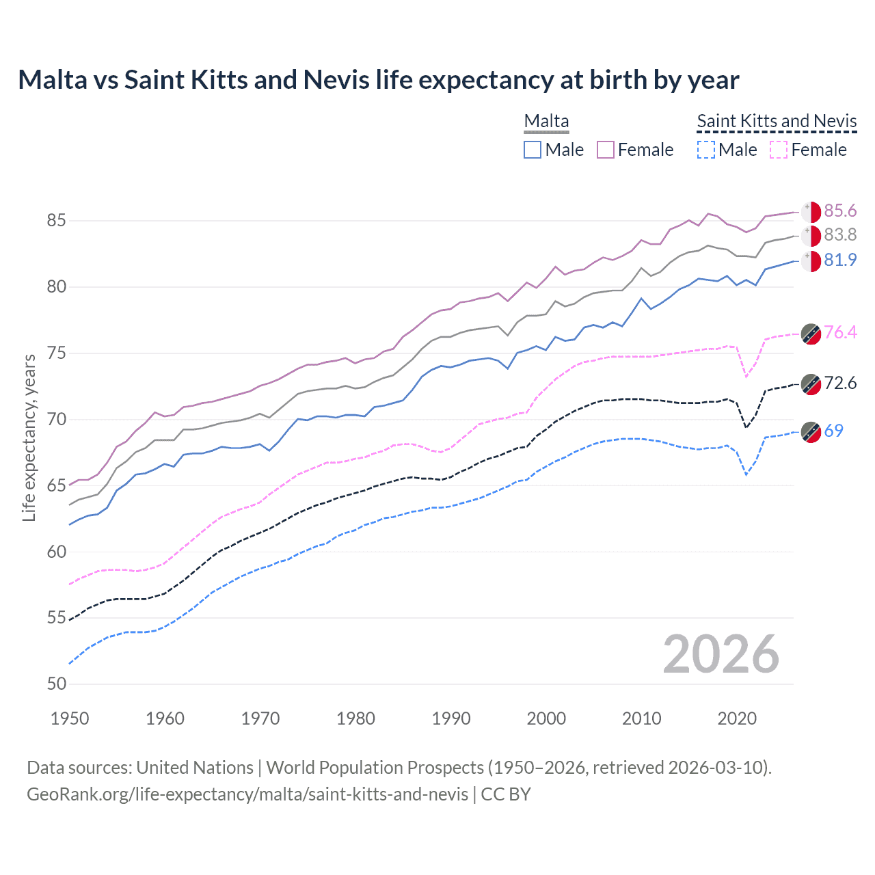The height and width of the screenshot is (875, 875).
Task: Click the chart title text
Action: pyautogui.click(x=378, y=80)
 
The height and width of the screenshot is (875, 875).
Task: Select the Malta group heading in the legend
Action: pyautogui.click(x=546, y=121)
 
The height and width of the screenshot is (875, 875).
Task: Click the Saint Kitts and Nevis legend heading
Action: pyautogui.click(x=777, y=121)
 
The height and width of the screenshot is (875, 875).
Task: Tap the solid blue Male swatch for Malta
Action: pyautogui.click(x=533, y=150)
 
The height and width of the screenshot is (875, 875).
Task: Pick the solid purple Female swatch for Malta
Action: pyautogui.click(x=606, y=150)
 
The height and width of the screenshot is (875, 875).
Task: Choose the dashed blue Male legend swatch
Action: pyautogui.click(x=706, y=150)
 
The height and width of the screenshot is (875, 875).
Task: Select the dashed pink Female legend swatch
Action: pyautogui.click(x=779, y=150)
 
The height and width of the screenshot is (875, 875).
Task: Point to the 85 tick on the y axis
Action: pyautogui.click(x=57, y=221)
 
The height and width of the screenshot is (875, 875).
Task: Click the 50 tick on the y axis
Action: pyautogui.click(x=57, y=684)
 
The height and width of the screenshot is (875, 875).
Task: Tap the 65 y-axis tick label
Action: pyautogui.click(x=57, y=485)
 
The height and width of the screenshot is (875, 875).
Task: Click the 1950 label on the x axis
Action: pyautogui.click(x=70, y=718)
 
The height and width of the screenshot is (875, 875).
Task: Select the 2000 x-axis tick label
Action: pyautogui.click(x=546, y=718)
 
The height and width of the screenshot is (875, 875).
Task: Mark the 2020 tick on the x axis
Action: pyautogui.click(x=737, y=718)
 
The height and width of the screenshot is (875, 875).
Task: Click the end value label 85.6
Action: pyautogui.click(x=840, y=211)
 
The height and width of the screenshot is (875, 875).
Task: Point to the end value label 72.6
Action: pyautogui.click(x=840, y=383)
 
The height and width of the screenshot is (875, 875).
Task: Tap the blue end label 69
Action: pyautogui.click(x=833, y=431)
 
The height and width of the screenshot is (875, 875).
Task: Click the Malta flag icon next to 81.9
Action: pyautogui.click(x=811, y=260)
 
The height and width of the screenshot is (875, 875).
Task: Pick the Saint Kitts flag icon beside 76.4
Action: pyautogui.click(x=811, y=334)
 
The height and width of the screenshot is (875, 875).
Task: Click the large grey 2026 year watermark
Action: pyautogui.click(x=721, y=654)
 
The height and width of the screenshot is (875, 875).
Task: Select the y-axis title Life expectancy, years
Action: pyautogui.click(x=29, y=437)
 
